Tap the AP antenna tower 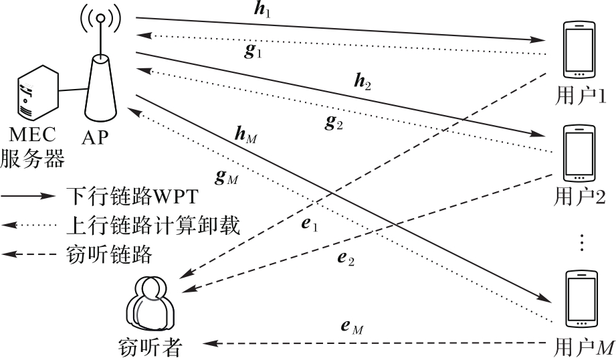click(x=100, y=77)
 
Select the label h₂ click(x=363, y=82)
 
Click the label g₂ click(x=334, y=122)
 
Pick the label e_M click(x=352, y=327)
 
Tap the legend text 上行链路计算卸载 click(x=153, y=226)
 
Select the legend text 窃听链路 click(x=110, y=254)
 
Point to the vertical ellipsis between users click(x=581, y=242)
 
